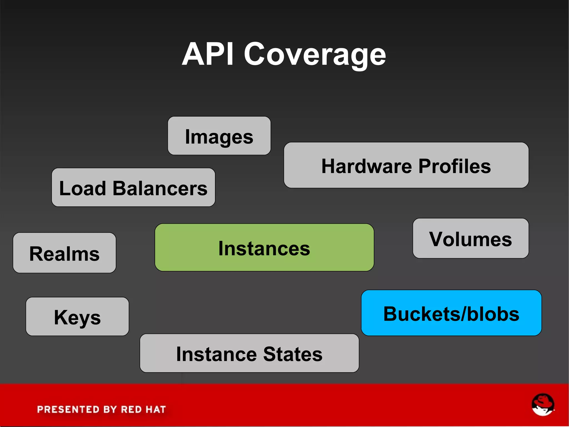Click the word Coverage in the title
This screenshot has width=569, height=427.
(x=315, y=55)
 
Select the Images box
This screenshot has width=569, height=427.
(x=219, y=136)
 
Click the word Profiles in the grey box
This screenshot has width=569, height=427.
(x=455, y=166)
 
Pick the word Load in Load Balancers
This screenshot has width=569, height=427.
(x=83, y=188)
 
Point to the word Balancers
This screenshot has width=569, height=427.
(x=160, y=188)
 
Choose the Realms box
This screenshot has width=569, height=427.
(x=64, y=253)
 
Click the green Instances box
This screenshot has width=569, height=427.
(x=264, y=248)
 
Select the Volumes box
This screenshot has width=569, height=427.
(x=471, y=238)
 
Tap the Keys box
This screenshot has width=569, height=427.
(x=77, y=317)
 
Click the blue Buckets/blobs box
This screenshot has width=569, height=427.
(x=451, y=313)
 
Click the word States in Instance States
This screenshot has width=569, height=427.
(x=293, y=354)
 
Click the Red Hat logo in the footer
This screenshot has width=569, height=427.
(x=543, y=404)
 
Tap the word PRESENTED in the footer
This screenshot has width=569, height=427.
(x=68, y=409)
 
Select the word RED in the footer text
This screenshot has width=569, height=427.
(x=131, y=409)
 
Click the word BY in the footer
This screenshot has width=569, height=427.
(x=110, y=409)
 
